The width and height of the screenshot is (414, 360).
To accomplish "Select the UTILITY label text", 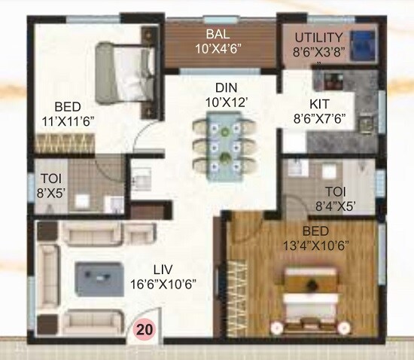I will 318,37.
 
